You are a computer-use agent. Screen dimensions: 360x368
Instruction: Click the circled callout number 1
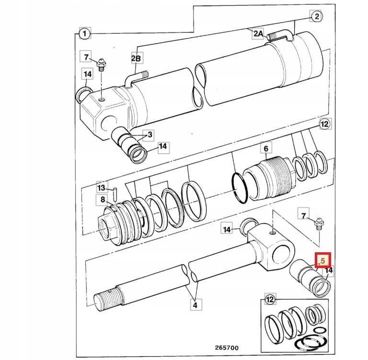click(x=84, y=34)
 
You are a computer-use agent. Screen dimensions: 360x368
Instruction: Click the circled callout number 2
click(x=317, y=17)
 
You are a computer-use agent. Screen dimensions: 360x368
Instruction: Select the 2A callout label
click(x=258, y=33)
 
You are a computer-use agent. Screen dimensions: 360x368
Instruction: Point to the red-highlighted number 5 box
click(x=322, y=261)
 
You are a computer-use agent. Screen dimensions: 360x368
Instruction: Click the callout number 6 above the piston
click(x=266, y=149)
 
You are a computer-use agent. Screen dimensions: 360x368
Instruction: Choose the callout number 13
click(x=102, y=187)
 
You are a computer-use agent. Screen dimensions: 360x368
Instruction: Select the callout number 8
click(x=103, y=200)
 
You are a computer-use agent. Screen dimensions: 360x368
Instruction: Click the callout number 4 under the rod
click(x=195, y=304)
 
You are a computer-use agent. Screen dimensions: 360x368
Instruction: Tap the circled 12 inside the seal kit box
click(x=271, y=300)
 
